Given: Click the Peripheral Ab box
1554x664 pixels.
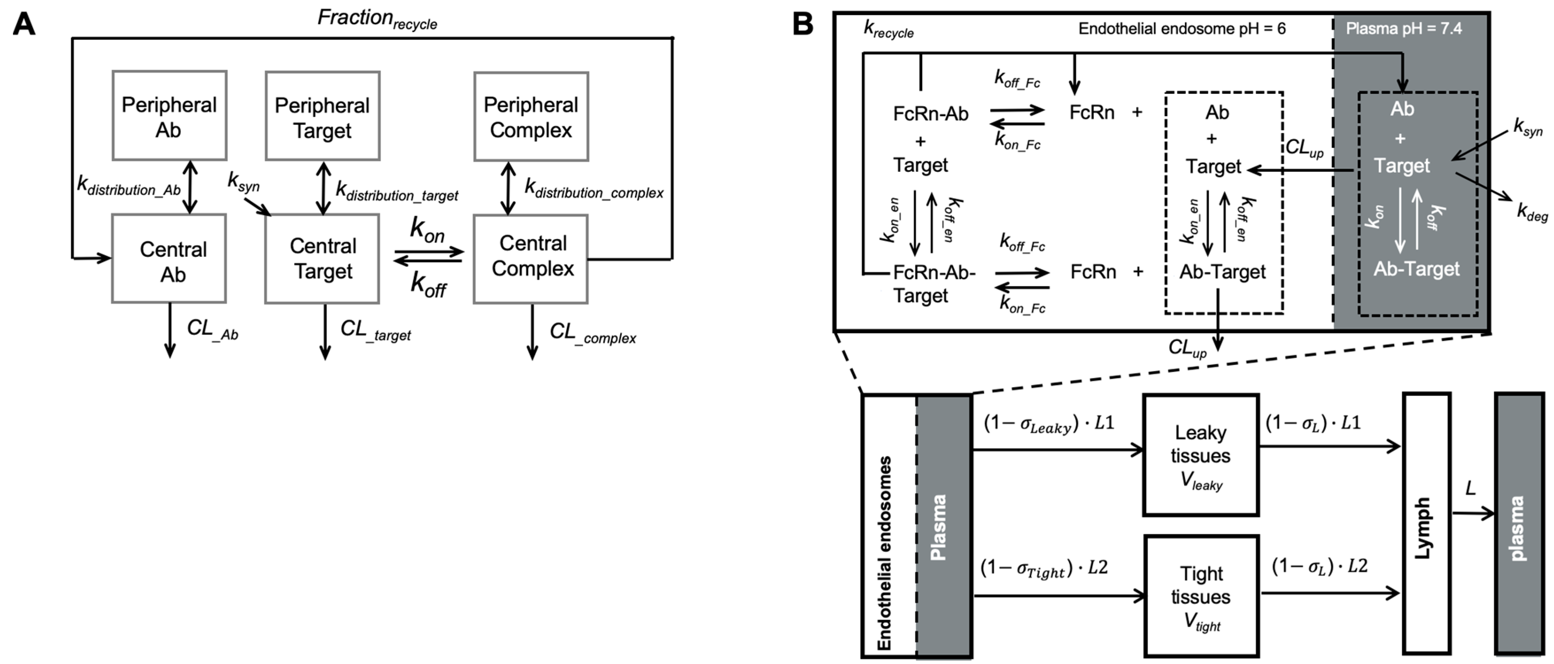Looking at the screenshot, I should coord(169,116).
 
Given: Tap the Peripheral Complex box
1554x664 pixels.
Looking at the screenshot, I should coord(531,117).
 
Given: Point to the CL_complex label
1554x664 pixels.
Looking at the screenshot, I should coord(592,333).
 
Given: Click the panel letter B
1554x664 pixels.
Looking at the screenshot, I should coord(802,24).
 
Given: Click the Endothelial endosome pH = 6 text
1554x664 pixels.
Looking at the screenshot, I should coord(1182,28).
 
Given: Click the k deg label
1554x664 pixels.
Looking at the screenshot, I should coord(1531,212).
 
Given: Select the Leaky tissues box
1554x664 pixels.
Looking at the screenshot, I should coord(1201,455).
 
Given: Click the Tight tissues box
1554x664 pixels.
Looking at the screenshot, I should coord(1201,596).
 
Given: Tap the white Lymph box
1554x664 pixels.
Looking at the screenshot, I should coord(1426,523).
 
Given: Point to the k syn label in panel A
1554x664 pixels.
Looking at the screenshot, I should coord(243,181).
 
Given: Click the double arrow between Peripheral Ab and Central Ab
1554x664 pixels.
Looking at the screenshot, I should coord(190,187).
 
